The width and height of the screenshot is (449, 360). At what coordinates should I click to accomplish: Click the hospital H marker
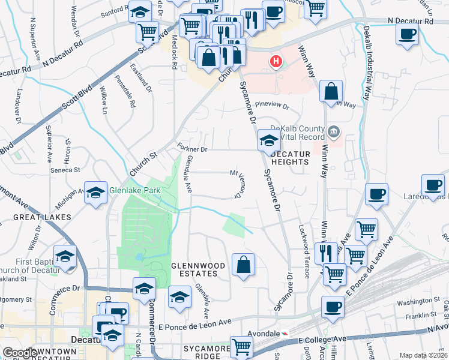[x=276, y=61]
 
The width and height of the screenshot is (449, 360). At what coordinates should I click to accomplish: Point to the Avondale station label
[x=264, y=333]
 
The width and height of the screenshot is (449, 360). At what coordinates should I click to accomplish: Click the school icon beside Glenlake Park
[x=95, y=193]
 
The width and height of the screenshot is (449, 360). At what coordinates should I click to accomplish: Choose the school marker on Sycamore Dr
[x=269, y=142]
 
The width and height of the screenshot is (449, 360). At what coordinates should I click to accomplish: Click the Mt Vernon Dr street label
[x=235, y=184]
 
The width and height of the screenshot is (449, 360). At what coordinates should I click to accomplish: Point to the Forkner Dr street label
[x=193, y=148]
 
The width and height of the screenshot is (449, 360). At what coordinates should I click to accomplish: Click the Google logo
[x=20, y=353]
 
